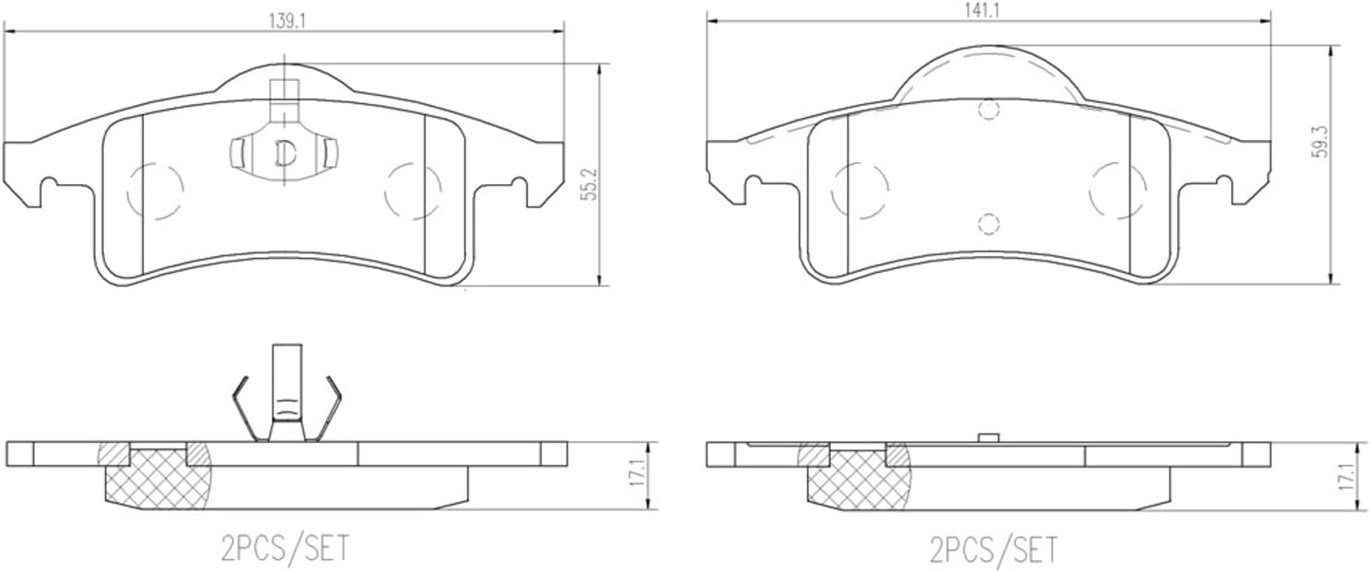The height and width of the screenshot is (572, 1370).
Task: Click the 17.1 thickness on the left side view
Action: [636, 475]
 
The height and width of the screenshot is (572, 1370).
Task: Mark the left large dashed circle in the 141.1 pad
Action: [860, 192]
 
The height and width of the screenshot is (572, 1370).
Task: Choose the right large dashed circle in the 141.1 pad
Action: [1118, 191]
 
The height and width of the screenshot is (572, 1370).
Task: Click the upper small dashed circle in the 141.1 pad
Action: [989, 111]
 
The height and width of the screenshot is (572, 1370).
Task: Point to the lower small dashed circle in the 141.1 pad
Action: [988, 224]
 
